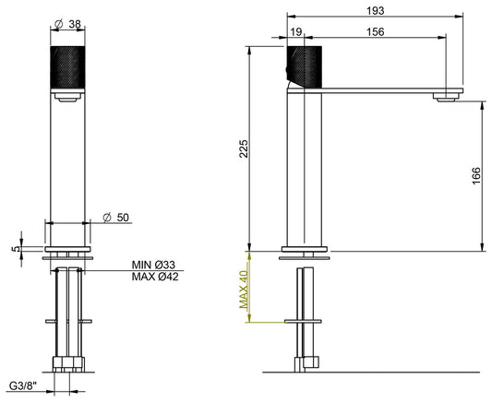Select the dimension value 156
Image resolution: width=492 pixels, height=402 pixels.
pos(376,30)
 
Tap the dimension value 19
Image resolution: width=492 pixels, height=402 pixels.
pos(296,30)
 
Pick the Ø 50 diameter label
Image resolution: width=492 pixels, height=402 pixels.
pos(115,217)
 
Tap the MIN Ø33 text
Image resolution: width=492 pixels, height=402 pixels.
pos(153,265)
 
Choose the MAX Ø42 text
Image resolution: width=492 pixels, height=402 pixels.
pos(153,277)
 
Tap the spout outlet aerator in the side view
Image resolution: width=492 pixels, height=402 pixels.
pos(449,95)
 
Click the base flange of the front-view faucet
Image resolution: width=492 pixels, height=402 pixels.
pos(68,249)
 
